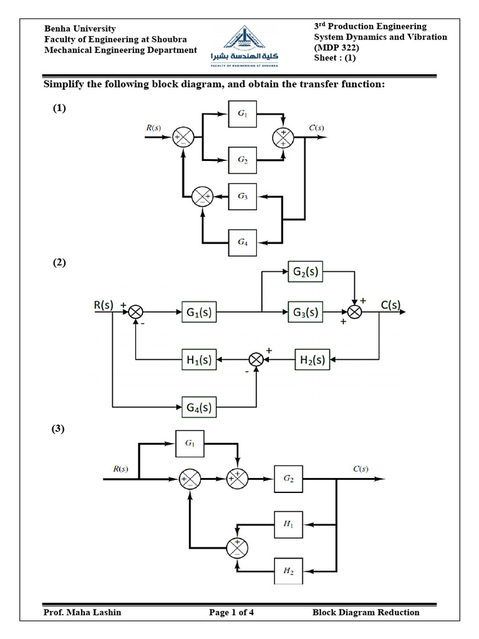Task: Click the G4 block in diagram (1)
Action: [x=242, y=242]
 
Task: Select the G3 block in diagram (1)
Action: [x=242, y=196]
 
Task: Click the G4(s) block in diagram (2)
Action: [x=199, y=408]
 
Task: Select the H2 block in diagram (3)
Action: [x=288, y=570]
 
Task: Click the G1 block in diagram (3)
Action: [x=190, y=444]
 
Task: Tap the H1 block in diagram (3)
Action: [x=288, y=525]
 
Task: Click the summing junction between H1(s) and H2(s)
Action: [x=256, y=360]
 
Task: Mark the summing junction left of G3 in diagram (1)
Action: [x=201, y=197]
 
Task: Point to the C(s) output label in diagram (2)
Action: [x=390, y=305]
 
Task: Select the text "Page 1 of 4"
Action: [x=231, y=612]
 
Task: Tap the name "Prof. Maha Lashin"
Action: [x=82, y=612]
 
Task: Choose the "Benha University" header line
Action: [x=80, y=29]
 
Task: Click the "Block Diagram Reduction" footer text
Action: [x=365, y=612]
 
